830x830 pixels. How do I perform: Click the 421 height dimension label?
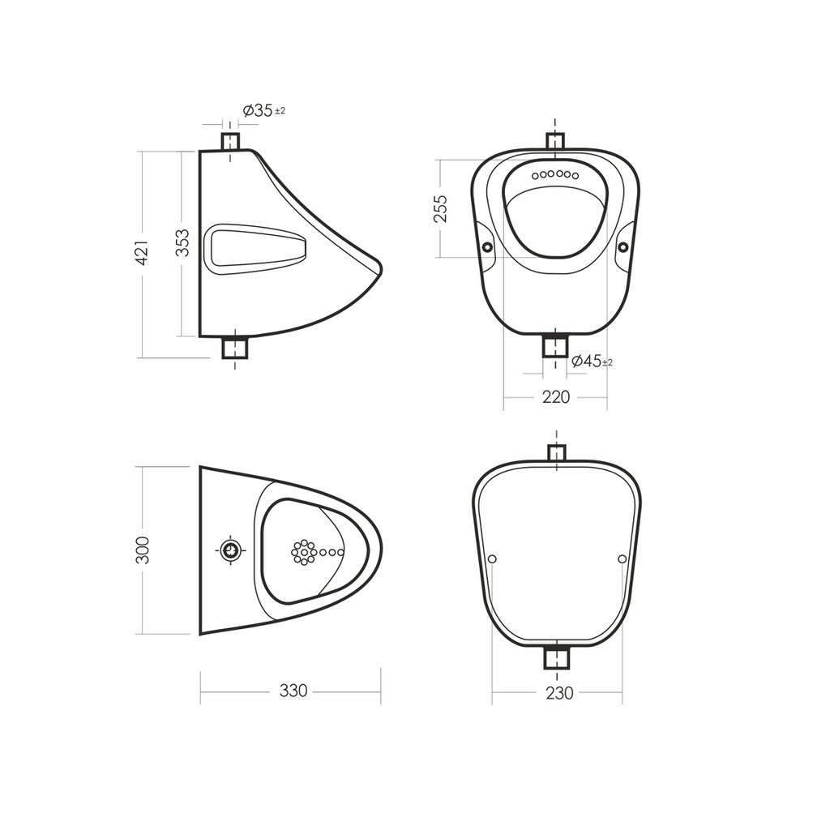(x=142, y=253)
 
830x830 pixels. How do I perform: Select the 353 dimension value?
(x=182, y=243)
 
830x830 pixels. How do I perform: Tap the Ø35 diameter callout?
(x=258, y=110)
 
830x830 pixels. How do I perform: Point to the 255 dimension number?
(x=440, y=208)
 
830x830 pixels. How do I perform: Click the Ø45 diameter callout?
(x=587, y=361)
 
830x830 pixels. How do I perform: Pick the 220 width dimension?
(x=556, y=397)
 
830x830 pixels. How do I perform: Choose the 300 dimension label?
(x=143, y=550)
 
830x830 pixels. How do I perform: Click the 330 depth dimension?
(x=293, y=691)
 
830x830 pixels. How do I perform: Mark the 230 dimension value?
(x=559, y=693)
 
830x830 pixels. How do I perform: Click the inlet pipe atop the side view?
(x=230, y=142)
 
